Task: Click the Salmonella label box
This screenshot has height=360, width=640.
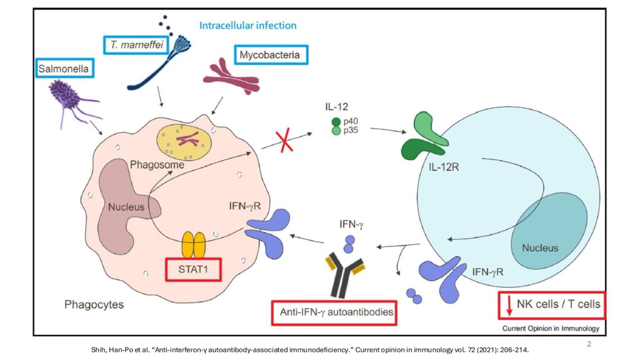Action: (x=64, y=67)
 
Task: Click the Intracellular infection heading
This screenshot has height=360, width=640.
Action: (x=247, y=26)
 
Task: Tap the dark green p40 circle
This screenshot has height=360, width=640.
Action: (x=336, y=122)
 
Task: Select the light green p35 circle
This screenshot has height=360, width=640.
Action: (x=336, y=131)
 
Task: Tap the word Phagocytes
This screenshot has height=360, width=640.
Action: (x=94, y=305)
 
